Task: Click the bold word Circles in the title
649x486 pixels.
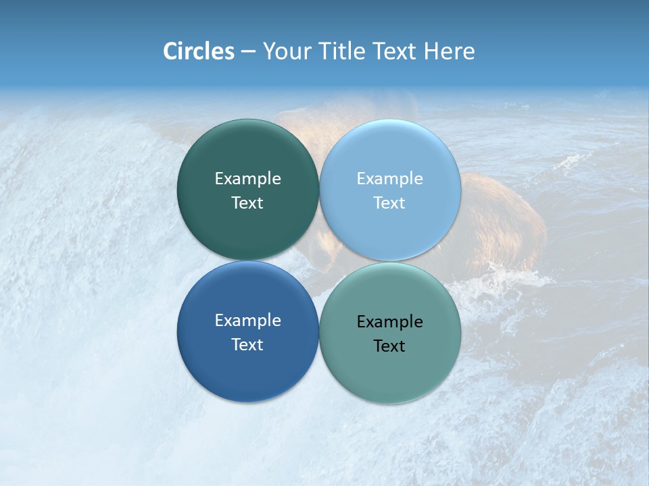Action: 198,51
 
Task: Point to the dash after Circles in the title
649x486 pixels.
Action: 248,52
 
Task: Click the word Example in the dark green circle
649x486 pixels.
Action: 247,179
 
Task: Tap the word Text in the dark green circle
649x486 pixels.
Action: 247,203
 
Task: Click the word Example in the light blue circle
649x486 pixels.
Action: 389,179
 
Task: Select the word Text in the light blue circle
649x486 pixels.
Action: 389,203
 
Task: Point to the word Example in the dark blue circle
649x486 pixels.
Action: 247,321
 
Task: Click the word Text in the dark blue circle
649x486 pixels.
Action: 247,345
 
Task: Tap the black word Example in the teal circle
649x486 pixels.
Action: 389,322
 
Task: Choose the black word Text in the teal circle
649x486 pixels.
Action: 389,346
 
